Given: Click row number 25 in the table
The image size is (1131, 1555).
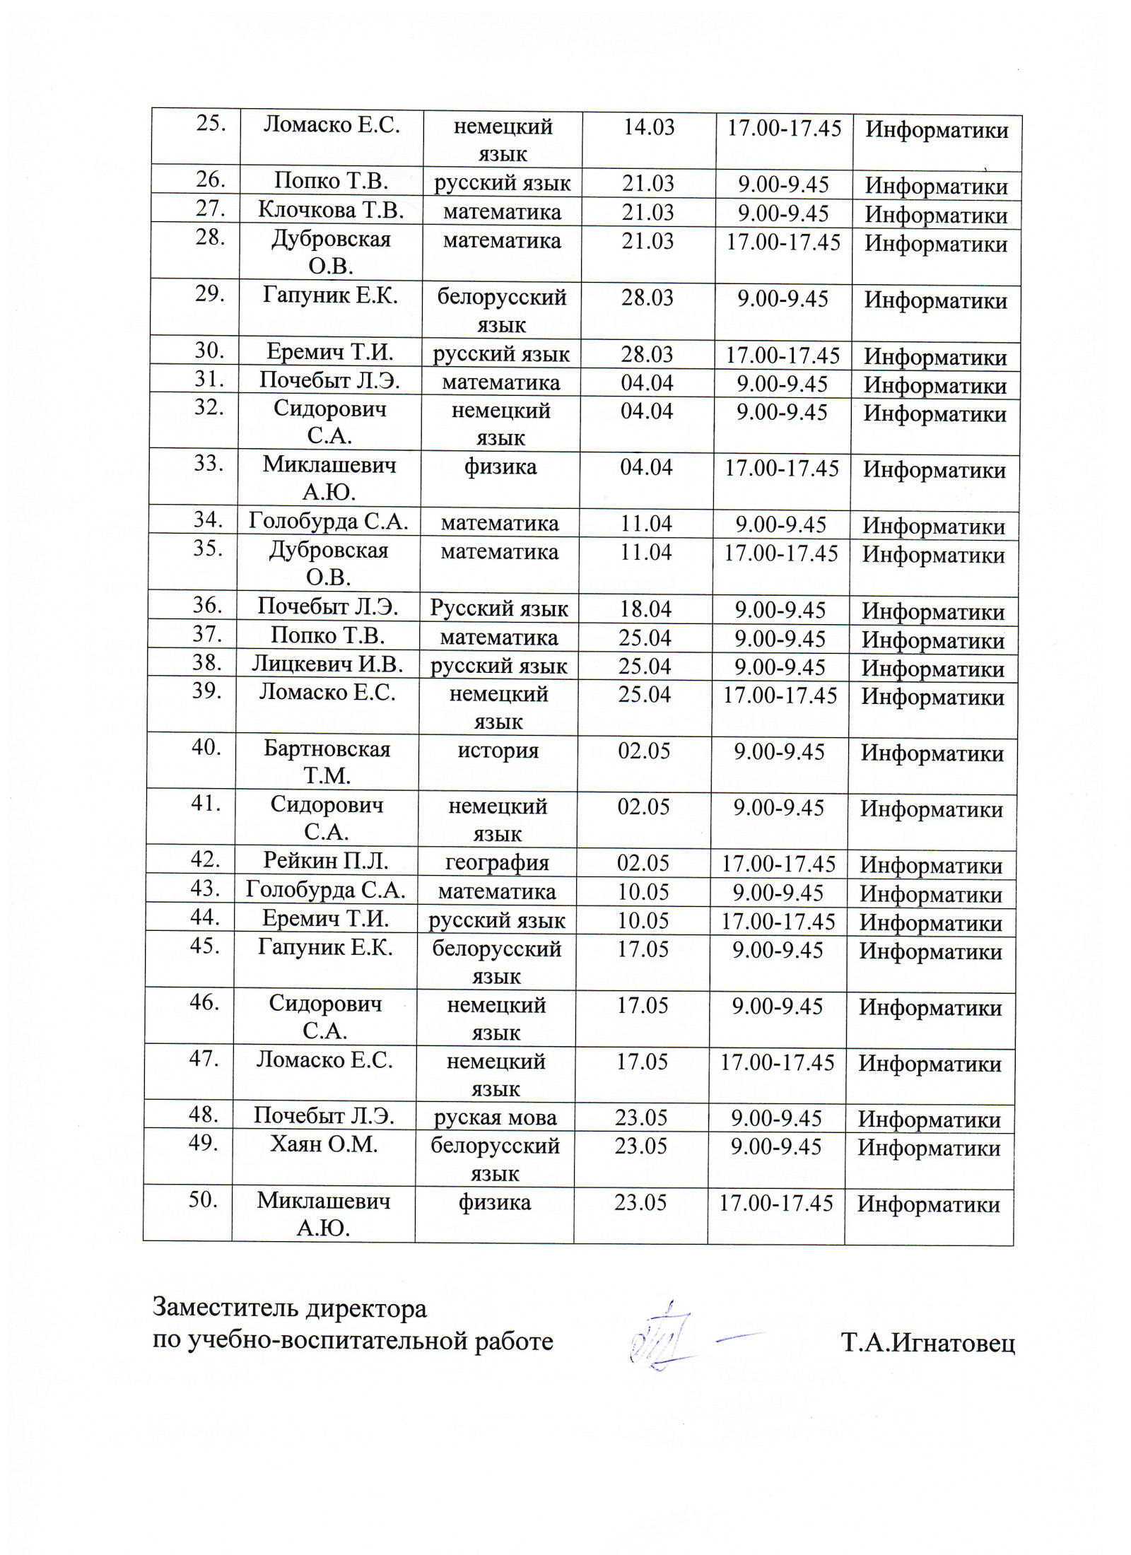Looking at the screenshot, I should [211, 124].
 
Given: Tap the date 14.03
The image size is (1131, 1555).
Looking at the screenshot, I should [648, 127].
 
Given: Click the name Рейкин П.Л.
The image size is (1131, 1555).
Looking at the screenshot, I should [326, 861].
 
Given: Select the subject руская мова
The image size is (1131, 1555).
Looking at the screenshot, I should [495, 1117].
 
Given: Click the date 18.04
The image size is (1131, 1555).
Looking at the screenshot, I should [645, 609].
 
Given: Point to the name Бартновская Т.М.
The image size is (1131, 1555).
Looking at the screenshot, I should [327, 762].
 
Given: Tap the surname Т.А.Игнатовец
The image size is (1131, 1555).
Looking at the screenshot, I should [927, 1342].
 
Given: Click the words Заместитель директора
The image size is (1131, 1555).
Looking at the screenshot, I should [290, 1308].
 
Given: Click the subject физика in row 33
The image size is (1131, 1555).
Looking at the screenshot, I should [500, 466].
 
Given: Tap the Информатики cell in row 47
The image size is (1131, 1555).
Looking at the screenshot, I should [930, 1064].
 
